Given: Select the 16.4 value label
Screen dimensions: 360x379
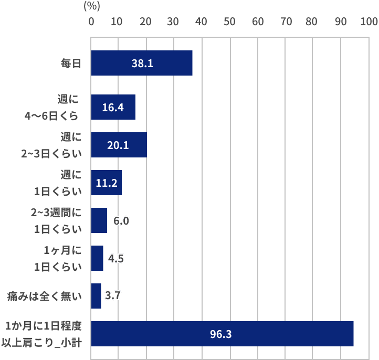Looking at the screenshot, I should [113, 108].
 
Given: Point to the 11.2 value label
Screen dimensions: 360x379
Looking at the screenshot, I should [106, 183].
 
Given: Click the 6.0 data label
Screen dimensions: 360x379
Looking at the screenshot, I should [121, 221].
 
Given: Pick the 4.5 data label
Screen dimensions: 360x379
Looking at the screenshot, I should [115, 259].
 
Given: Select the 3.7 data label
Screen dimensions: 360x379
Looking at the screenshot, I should [113, 296].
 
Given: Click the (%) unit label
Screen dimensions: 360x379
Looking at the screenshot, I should [92, 6].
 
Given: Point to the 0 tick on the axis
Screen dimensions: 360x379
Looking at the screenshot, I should [91, 22].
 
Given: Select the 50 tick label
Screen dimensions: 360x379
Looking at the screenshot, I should [229, 22].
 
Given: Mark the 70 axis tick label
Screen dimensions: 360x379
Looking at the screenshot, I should [285, 22].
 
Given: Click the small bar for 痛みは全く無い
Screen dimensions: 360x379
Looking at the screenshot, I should [96, 296].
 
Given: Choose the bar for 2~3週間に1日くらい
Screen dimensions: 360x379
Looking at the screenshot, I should [99, 220].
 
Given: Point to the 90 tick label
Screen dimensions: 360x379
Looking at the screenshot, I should [341, 22].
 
